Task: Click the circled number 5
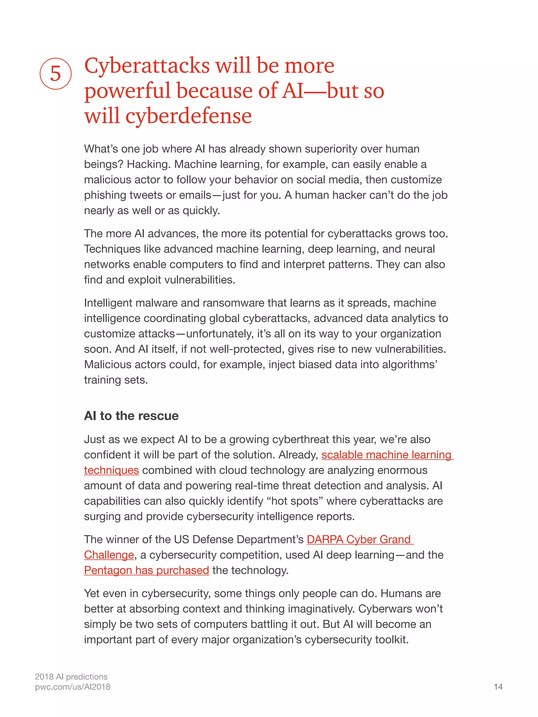[55, 74]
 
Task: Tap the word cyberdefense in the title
[188, 116]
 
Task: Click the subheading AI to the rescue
[131, 416]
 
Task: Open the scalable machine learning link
[386, 455]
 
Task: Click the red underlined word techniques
[111, 470]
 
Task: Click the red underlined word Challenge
[109, 555]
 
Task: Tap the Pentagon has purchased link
[146, 570]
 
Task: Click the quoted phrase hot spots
[294, 501]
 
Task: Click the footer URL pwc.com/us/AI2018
[73, 687]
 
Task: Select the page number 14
[498, 687]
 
